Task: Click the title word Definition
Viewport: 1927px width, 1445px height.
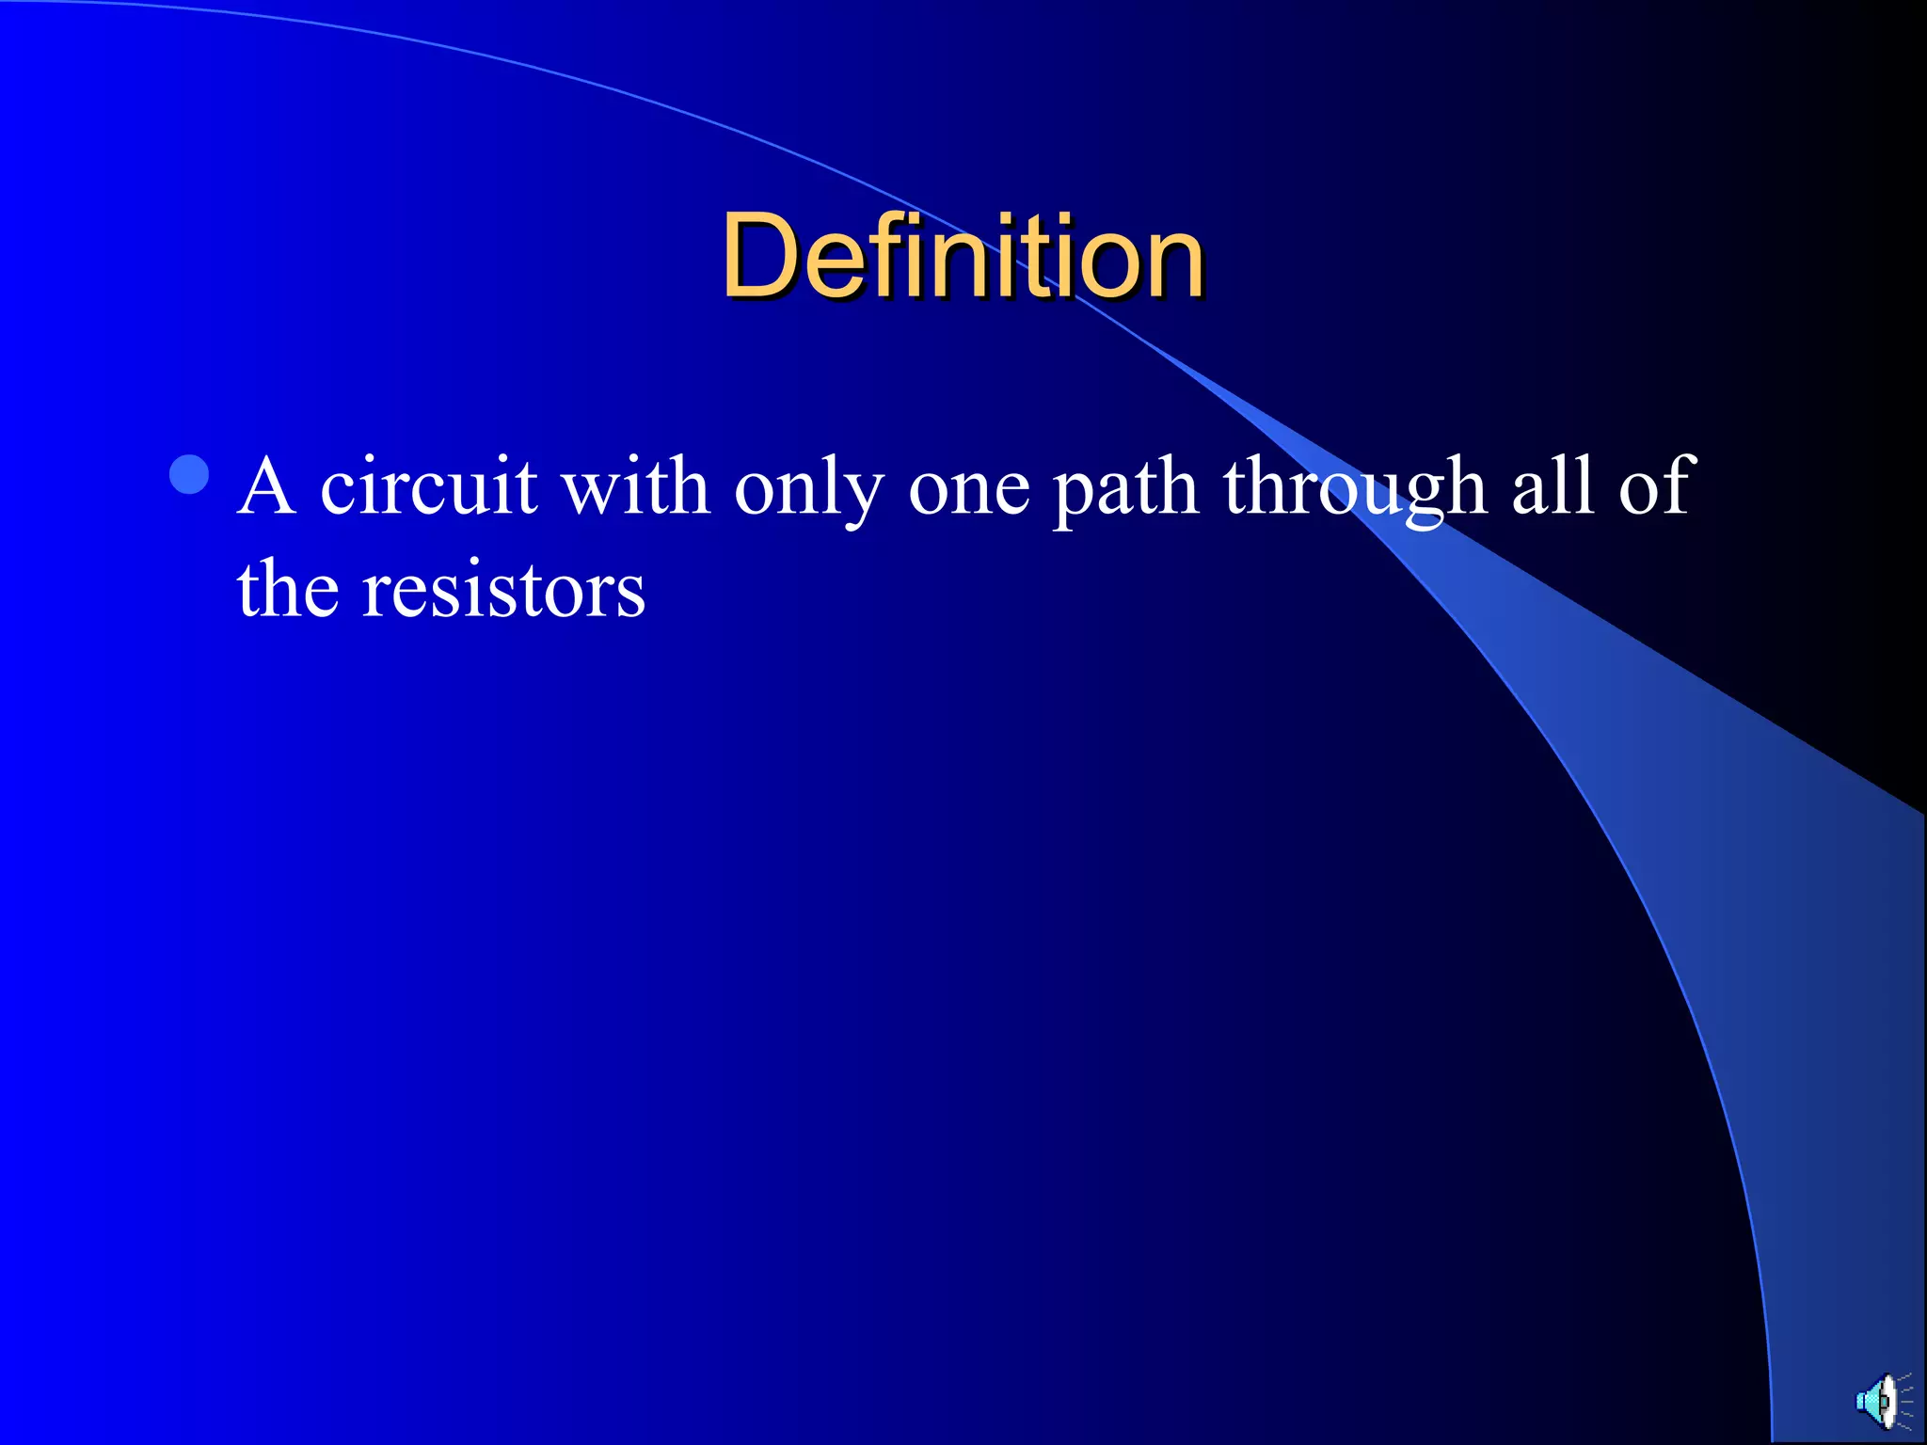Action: (x=963, y=256)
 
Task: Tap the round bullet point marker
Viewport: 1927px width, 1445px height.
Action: (x=189, y=475)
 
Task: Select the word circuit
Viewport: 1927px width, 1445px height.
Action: (x=428, y=487)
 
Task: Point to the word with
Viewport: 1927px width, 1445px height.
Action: (x=635, y=487)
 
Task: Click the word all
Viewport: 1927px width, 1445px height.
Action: (x=1553, y=487)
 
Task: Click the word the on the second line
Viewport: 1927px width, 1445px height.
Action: (x=287, y=590)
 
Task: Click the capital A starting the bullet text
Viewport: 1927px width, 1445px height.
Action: (x=266, y=487)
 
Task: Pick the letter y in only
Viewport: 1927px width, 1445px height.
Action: (x=866, y=499)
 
